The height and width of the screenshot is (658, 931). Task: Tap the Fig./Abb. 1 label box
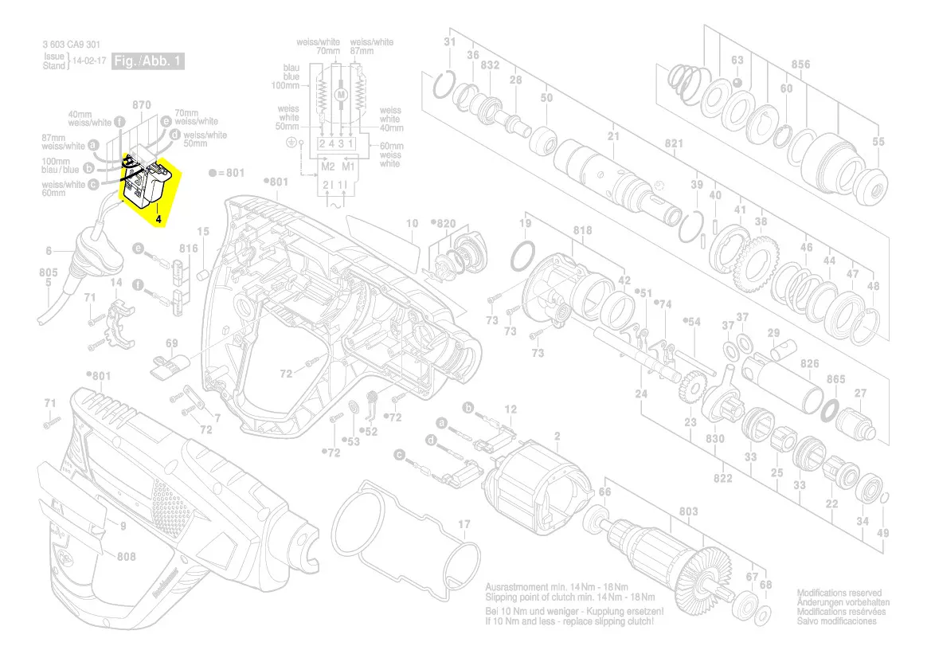tap(149, 61)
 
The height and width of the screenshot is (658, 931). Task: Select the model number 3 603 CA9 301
tap(72, 45)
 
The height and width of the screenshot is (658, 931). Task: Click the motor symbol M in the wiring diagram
tap(342, 95)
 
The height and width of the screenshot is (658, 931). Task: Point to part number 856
tap(800, 65)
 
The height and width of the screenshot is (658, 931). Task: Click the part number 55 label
tap(878, 143)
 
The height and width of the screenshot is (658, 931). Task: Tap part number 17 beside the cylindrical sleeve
tap(464, 524)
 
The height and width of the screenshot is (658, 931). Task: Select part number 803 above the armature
tap(688, 511)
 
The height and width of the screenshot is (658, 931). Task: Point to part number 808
tap(126, 557)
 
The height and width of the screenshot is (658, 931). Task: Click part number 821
tap(674, 143)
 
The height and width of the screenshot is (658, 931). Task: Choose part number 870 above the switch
tap(141, 105)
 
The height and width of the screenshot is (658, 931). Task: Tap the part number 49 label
tap(882, 533)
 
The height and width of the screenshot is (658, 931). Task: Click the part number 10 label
tap(412, 224)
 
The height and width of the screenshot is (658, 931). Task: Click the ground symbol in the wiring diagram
tap(291, 143)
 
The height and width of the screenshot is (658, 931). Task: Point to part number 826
tap(809, 364)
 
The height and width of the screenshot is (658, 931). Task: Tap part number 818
tap(582, 231)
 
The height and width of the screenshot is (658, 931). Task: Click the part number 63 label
tap(737, 61)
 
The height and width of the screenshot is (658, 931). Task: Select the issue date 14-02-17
tap(88, 61)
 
